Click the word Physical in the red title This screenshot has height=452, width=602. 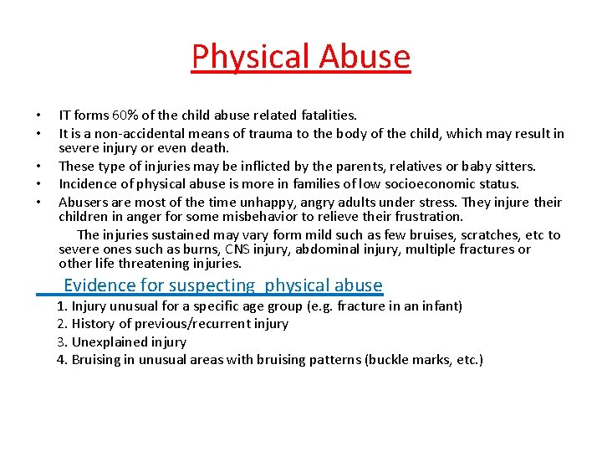(x=242, y=57)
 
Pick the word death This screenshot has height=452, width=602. (x=209, y=148)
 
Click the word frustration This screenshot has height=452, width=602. (x=426, y=217)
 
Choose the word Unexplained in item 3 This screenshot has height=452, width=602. (x=109, y=342)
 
